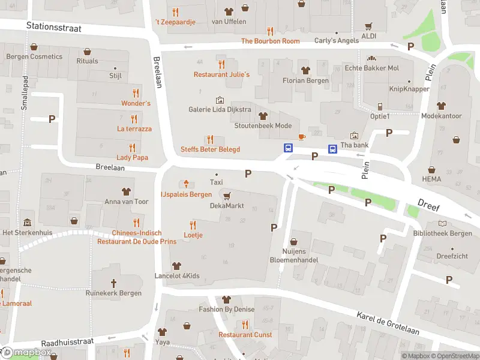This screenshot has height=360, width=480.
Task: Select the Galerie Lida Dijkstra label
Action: click(220, 110)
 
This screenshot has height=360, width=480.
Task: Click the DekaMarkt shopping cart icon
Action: click(226, 195)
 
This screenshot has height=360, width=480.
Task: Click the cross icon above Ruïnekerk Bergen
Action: click(113, 283)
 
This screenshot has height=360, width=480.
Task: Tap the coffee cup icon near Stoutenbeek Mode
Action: click(302, 137)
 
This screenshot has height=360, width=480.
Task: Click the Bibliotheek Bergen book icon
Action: click(442, 223)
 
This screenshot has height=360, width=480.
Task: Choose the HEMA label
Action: click(431, 179)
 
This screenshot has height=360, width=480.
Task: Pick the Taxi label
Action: click(216, 182)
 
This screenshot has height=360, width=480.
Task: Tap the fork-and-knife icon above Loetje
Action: click(193, 224)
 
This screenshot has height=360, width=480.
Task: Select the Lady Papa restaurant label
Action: click(132, 158)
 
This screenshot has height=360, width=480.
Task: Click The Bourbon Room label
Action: click(270, 41)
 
